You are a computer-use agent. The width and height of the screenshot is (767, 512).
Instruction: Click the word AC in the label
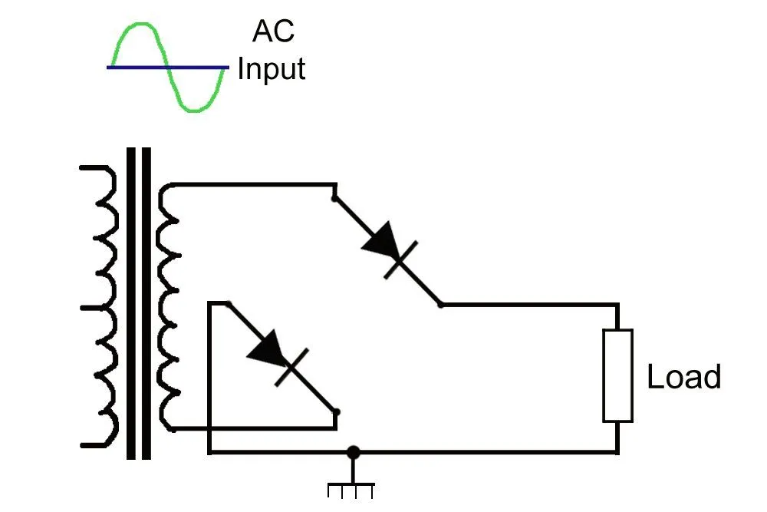(x=273, y=32)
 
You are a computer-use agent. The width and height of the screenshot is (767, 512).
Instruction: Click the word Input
(x=272, y=69)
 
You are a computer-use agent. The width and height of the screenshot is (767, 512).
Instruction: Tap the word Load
(x=684, y=378)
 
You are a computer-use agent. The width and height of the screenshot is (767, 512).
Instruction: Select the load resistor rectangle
(x=617, y=375)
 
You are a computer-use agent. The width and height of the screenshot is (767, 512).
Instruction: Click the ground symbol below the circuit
(x=352, y=487)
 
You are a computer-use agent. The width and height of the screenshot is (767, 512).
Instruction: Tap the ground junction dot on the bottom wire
(x=353, y=452)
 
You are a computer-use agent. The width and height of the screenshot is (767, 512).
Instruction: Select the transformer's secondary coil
(x=168, y=307)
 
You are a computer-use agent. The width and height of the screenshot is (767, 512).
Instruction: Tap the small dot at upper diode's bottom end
(x=440, y=304)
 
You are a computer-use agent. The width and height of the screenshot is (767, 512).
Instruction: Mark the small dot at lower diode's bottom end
(x=337, y=412)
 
